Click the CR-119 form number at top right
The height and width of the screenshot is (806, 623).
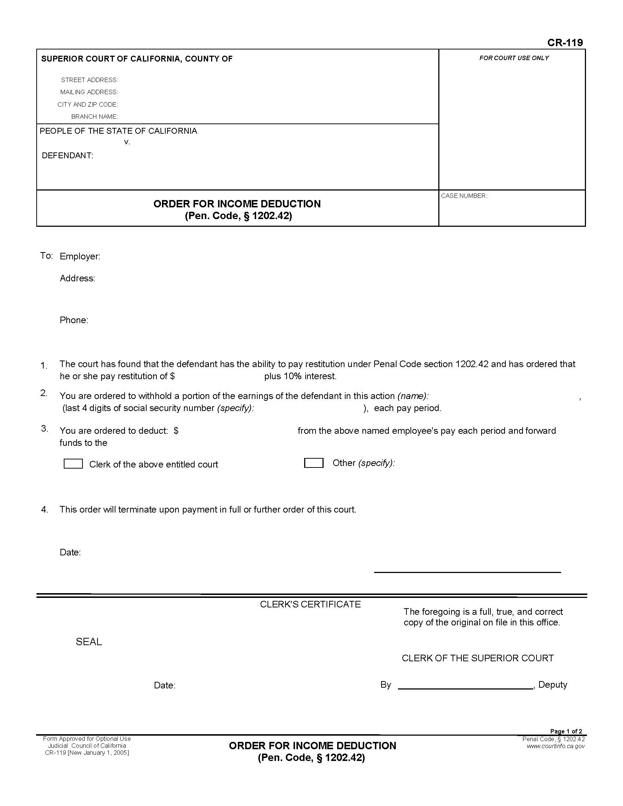(x=565, y=43)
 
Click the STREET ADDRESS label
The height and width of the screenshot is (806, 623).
(x=89, y=80)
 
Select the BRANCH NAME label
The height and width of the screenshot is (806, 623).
(x=95, y=117)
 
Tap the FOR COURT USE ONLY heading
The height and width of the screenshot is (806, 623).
(x=514, y=58)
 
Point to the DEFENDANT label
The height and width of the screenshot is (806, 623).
(x=67, y=156)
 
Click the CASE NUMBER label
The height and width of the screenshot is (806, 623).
(x=464, y=196)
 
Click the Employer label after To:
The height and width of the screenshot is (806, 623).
(x=80, y=256)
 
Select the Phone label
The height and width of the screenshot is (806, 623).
(x=74, y=320)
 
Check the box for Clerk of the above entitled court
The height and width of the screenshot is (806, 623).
(x=73, y=464)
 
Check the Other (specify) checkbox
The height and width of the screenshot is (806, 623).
(x=313, y=463)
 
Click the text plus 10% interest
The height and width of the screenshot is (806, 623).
(x=300, y=376)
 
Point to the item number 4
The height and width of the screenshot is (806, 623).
(x=45, y=510)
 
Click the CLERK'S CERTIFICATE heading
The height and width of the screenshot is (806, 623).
(x=310, y=604)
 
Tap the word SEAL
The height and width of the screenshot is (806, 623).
(x=89, y=642)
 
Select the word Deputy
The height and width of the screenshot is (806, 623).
(x=553, y=685)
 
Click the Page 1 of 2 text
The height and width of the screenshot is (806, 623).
(x=566, y=732)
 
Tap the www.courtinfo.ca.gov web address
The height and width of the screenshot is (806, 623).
(x=556, y=746)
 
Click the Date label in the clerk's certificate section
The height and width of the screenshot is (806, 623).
(x=164, y=686)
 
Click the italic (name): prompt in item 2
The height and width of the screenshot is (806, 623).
(x=413, y=396)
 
